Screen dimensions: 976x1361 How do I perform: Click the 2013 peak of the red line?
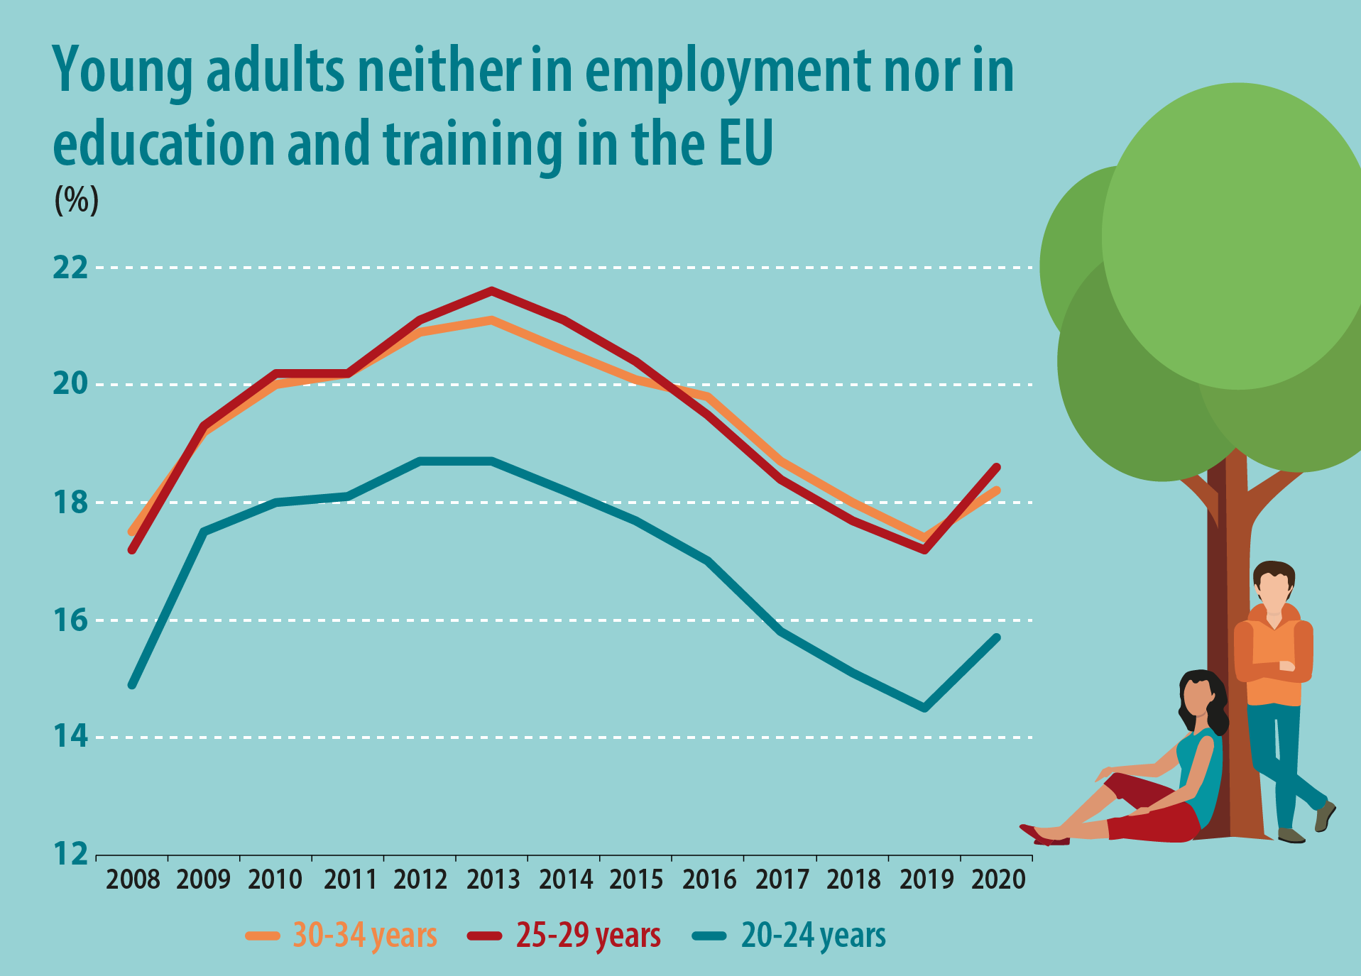(x=491, y=290)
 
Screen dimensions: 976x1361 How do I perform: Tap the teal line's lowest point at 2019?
(x=924, y=708)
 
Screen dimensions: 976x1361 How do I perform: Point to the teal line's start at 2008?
(x=132, y=684)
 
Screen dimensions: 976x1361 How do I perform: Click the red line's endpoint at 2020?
(x=997, y=467)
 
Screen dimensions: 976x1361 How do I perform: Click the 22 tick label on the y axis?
(x=70, y=268)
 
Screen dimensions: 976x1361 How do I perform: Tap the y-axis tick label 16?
(x=70, y=620)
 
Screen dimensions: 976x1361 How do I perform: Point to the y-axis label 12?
(x=70, y=854)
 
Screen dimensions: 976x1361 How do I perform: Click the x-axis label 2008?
(x=133, y=880)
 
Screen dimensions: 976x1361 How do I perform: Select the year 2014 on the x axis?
(x=565, y=880)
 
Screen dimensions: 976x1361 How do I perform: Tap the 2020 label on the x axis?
(x=998, y=880)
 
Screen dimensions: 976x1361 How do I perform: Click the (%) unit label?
(x=77, y=200)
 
